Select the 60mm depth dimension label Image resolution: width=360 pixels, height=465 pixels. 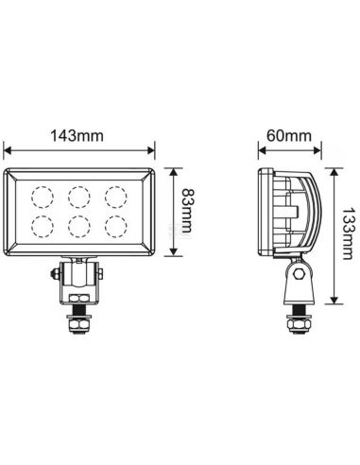click(x=287, y=136)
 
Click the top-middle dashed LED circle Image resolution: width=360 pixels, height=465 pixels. click(x=78, y=196)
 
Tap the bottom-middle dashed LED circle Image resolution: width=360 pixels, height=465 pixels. click(x=78, y=226)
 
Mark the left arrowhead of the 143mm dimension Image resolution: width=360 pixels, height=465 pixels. click(x=9, y=149)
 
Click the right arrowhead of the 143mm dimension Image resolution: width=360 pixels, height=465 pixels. click(x=152, y=149)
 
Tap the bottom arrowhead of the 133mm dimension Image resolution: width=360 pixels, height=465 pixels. click(x=334, y=301)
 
